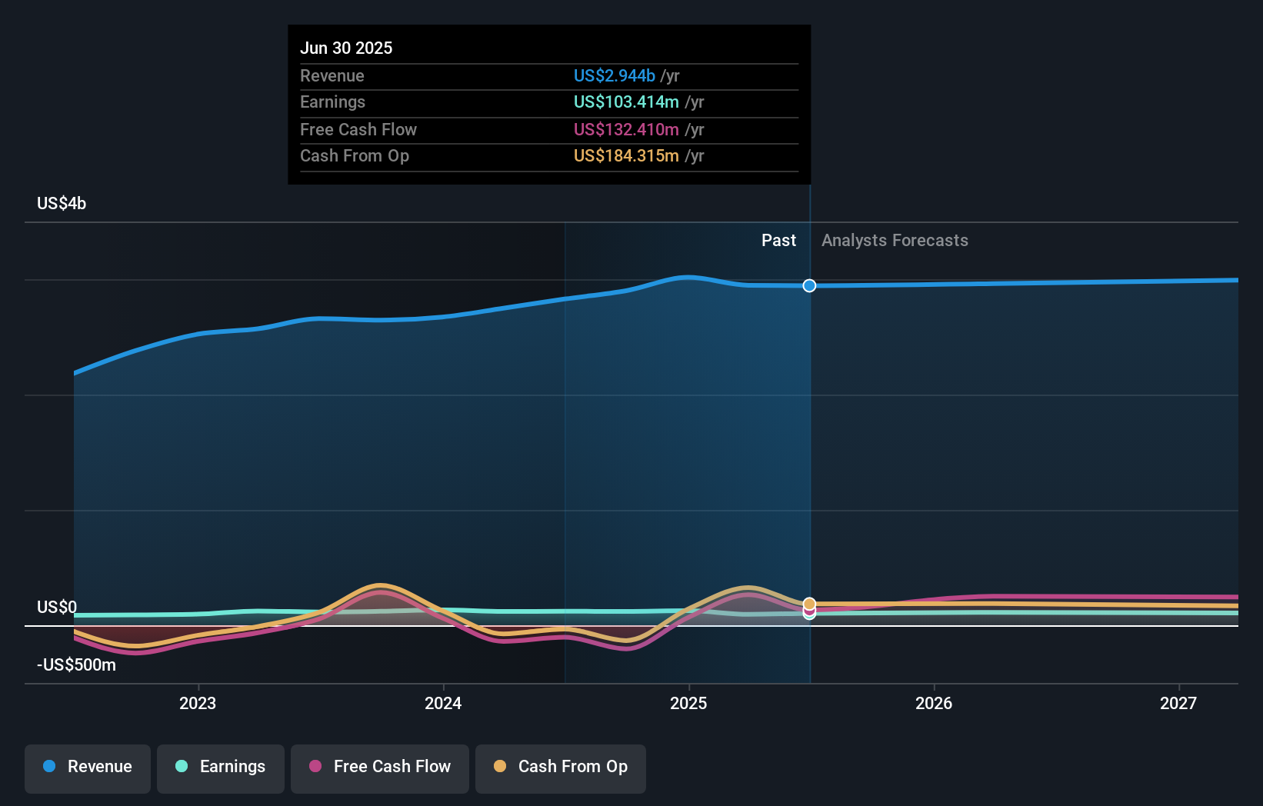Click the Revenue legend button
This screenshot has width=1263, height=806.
click(88, 768)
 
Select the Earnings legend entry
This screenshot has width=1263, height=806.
click(221, 768)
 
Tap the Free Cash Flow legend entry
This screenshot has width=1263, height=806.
click(380, 768)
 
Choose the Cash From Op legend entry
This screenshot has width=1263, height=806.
click(561, 768)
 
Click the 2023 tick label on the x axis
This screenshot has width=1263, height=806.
click(198, 704)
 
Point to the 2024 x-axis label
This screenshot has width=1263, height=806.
click(443, 704)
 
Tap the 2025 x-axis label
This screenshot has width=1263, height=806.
click(688, 704)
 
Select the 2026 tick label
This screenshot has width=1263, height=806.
click(934, 704)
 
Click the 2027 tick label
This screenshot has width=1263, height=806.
click(1178, 704)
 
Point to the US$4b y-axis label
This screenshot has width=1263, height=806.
click(62, 204)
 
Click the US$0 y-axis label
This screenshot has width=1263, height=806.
click(57, 608)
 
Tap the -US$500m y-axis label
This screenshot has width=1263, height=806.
click(76, 665)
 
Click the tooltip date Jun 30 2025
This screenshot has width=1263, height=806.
click(346, 48)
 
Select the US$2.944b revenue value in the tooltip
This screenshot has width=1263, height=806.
click(615, 76)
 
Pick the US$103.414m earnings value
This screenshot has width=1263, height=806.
click(626, 102)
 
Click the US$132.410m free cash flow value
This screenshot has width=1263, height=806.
click(626, 130)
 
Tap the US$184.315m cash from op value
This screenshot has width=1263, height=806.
click(626, 156)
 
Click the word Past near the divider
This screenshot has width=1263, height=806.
click(778, 241)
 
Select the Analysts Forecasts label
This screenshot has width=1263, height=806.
click(895, 241)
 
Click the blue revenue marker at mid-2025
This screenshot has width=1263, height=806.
click(809, 286)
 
